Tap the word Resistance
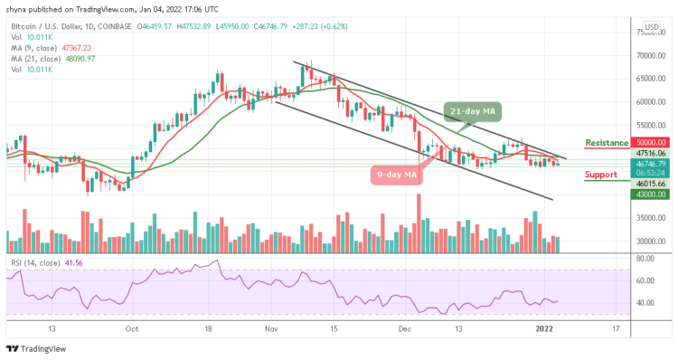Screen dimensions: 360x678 (607, 142)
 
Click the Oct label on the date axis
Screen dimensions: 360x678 (132, 330)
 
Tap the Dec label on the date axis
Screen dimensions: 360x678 (405, 330)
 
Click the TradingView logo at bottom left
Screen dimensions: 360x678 (36, 350)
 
